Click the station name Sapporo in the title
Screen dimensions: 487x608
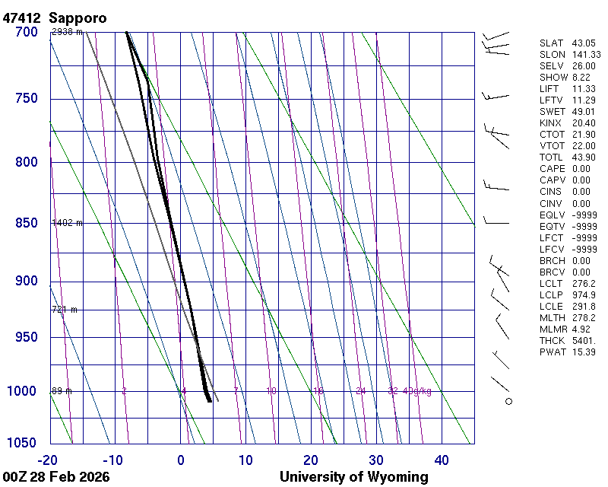coord(78,17)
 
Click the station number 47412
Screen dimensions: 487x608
coord(22,17)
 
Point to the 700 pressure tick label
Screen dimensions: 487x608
coord(26,32)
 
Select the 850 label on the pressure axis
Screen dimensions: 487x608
coord(26,223)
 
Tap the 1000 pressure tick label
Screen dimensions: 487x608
coord(22,391)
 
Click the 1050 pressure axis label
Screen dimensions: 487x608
coord(22,443)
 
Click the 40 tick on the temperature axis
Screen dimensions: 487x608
coord(442,460)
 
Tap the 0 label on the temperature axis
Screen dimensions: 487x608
coord(181,460)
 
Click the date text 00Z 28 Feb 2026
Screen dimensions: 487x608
coord(56,477)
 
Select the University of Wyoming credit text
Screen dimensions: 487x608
coord(353,477)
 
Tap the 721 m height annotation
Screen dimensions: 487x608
coord(65,310)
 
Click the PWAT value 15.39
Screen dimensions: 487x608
coord(583,352)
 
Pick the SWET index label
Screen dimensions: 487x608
coord(553,112)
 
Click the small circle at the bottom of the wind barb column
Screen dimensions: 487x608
coord(508,401)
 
